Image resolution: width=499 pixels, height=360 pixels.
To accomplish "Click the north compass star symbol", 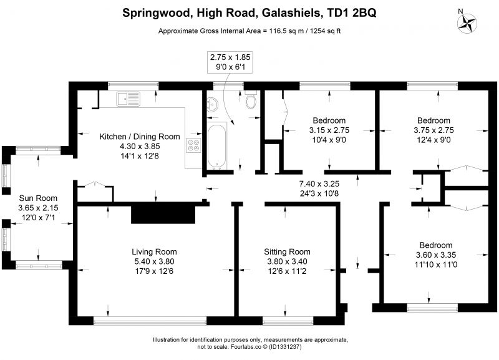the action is pos(467,24).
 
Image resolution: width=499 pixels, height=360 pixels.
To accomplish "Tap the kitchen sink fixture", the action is pos(128,99).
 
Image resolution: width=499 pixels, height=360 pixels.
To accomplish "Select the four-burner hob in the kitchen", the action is pos(194,145).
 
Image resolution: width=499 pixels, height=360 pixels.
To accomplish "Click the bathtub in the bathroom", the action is pos(217,146).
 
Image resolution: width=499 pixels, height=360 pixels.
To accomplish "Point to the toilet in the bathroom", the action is pos(251,100).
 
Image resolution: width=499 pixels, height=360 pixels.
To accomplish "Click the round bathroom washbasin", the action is pos(213,104).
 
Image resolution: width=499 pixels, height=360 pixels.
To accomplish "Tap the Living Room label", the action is pos(154,252).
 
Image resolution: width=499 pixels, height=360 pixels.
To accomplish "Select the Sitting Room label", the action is pos(287,252).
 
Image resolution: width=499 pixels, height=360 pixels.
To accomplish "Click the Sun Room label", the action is pos(38,198).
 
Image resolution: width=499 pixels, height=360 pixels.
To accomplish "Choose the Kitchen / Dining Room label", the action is pos(140,137).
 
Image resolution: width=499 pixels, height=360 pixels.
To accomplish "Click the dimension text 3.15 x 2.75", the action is pos(329,130).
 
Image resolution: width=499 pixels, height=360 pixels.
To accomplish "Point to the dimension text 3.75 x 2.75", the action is pos(434,130).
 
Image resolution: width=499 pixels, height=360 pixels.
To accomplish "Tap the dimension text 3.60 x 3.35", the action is pos(436,255).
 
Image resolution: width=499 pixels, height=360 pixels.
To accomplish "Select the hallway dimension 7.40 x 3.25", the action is pos(319,183).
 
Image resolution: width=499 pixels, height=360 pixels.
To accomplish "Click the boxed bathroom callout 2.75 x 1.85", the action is pos(230,62).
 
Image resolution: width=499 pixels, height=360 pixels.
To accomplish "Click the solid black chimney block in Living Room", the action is pos(163,214).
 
